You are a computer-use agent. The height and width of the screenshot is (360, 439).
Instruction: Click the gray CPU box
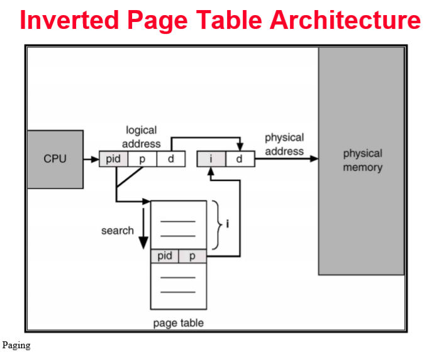point(55,159)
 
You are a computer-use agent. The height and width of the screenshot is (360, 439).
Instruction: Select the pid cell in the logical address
point(114,159)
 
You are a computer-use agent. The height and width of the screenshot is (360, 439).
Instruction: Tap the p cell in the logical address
point(143,159)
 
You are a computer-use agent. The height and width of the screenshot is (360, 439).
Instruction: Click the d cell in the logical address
point(170,159)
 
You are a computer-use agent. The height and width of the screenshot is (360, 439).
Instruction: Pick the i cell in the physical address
point(211,159)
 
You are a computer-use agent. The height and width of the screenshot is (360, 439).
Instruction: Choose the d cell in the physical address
point(240,159)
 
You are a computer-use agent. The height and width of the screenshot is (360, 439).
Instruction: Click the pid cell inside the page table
point(165,256)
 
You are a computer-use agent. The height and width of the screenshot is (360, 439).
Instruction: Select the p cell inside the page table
point(192,256)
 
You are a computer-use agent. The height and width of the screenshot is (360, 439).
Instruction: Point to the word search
point(118,231)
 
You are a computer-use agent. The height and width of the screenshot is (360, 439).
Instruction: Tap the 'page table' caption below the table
point(178,323)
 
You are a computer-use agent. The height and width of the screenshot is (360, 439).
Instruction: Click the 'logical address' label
point(142,137)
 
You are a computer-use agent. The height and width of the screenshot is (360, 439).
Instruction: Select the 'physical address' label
point(284,144)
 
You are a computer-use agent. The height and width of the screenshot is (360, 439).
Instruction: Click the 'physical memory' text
point(362,160)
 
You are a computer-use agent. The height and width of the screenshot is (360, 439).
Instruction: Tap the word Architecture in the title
point(345,20)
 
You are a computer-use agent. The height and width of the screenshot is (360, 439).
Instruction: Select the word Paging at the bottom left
point(16,345)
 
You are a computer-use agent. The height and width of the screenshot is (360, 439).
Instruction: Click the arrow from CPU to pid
point(91,159)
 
